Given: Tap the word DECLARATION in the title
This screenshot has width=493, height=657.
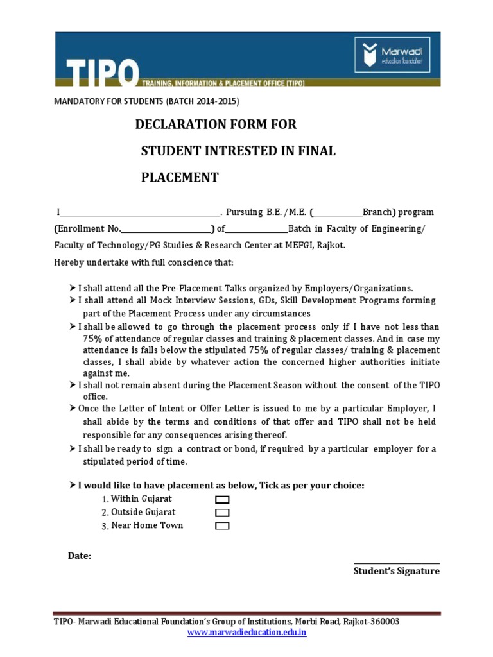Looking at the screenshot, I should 183,124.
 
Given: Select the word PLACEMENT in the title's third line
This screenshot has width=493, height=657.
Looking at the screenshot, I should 180,178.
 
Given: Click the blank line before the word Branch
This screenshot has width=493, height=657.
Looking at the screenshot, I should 338,213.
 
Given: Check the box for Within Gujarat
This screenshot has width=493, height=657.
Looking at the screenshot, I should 222,499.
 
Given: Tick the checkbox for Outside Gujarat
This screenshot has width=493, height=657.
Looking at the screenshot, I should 222,513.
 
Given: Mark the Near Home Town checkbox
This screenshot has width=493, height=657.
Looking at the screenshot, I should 222,526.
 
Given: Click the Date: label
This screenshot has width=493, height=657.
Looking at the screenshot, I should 80,556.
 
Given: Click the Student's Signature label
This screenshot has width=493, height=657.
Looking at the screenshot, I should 396,571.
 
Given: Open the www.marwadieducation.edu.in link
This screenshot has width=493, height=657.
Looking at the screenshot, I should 246,633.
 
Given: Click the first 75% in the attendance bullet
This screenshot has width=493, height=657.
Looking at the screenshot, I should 93,338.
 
